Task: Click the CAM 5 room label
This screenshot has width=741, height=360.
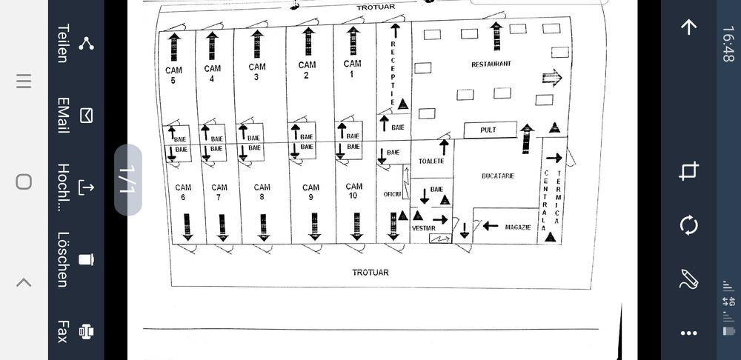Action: [173, 75]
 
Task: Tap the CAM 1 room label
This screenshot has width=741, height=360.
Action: [353, 68]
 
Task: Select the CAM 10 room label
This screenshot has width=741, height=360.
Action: [354, 190]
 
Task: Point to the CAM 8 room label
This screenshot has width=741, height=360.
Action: [262, 192]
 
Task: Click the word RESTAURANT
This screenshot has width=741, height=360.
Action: [491, 64]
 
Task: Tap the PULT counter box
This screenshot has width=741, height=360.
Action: [488, 130]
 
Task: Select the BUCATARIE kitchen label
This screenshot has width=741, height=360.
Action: [497, 176]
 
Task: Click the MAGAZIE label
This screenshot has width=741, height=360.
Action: [518, 227]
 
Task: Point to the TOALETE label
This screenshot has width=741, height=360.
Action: [431, 161]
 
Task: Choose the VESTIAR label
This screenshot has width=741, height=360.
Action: [423, 228]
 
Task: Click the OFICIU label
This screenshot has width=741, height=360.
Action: [392, 194]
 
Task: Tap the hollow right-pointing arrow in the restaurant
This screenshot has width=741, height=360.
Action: [552, 78]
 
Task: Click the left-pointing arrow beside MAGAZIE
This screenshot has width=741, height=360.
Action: [491, 225]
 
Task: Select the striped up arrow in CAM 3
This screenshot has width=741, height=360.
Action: [257, 44]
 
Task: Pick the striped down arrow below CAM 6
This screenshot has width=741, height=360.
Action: [187, 226]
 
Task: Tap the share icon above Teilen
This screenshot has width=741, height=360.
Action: [87, 43]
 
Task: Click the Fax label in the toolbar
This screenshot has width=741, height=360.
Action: [63, 331]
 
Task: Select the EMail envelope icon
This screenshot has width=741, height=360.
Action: [87, 115]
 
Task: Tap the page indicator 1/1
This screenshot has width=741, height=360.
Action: [127, 179]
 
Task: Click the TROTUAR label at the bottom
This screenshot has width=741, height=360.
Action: [370, 273]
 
